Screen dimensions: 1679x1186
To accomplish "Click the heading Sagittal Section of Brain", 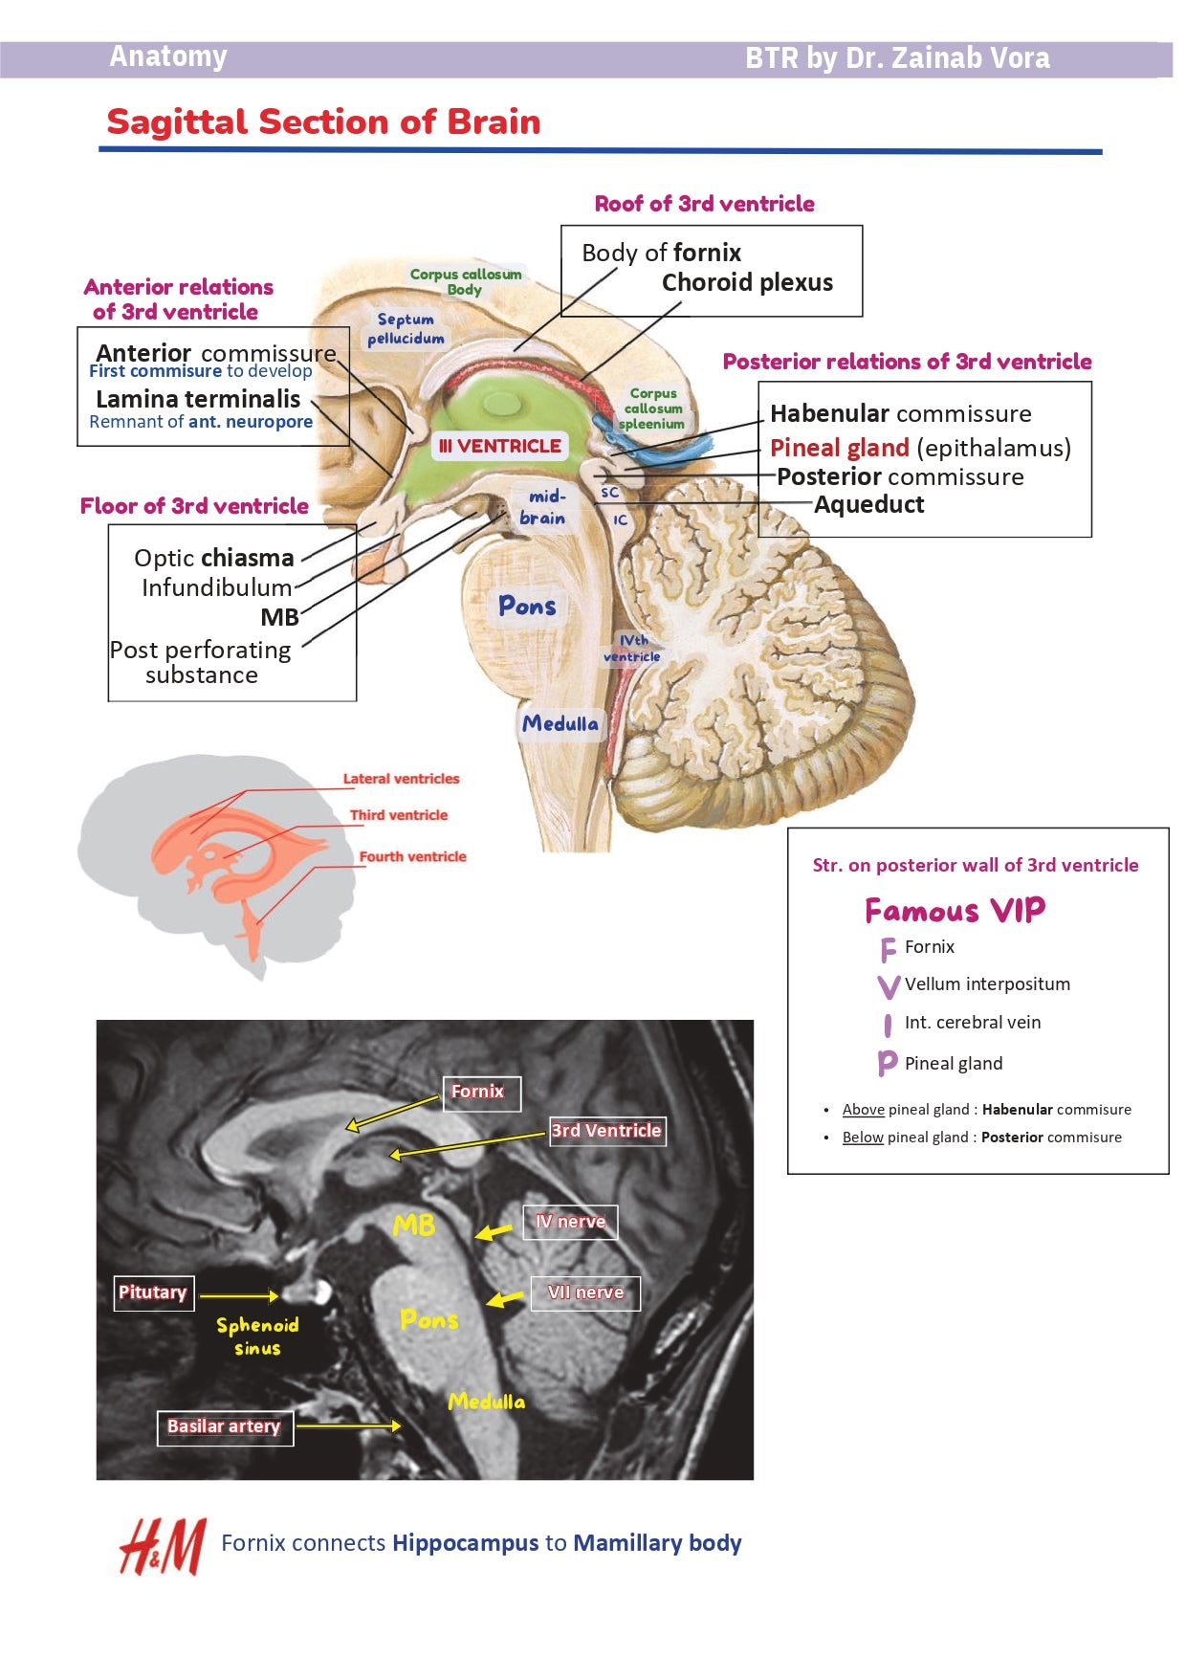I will (x=323, y=122).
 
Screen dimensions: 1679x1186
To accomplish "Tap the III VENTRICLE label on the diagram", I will (x=499, y=446).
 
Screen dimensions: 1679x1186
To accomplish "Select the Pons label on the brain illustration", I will (x=527, y=607).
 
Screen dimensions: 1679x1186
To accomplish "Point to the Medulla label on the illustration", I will (x=560, y=724).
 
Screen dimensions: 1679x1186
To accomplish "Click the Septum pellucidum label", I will (x=406, y=328).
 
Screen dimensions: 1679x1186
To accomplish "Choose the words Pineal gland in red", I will (x=839, y=448).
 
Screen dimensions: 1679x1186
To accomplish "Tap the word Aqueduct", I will (x=868, y=504).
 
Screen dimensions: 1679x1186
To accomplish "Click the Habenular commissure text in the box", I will (x=900, y=413).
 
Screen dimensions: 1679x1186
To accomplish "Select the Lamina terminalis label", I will (x=198, y=399).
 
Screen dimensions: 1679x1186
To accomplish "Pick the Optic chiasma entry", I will (x=213, y=558).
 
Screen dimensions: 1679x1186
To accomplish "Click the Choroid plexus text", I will (x=747, y=282).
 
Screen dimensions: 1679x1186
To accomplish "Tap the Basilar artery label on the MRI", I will (x=224, y=1426).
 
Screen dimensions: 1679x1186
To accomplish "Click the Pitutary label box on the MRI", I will (x=153, y=1292).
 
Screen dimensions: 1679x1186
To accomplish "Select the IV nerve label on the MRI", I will (x=570, y=1222).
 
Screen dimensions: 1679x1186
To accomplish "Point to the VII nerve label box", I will (x=585, y=1292).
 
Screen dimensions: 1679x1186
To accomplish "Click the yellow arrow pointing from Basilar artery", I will (x=348, y=1426).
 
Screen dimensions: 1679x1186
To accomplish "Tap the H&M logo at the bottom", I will (x=162, y=1546).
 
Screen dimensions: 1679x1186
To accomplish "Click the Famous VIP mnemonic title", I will (x=955, y=910).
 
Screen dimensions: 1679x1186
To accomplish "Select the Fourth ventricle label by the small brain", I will (x=412, y=856).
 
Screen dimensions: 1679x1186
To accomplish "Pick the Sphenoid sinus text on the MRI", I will (x=257, y=1337).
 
